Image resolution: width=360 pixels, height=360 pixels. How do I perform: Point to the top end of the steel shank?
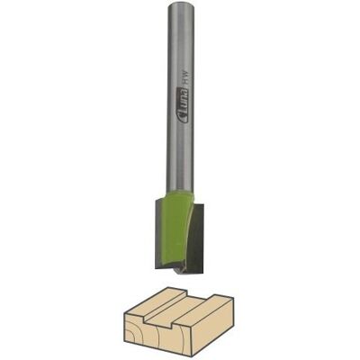point(179,4)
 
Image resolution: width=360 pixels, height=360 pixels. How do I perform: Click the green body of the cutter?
point(175,228)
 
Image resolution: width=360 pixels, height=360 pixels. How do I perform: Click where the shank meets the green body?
point(179,193)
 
